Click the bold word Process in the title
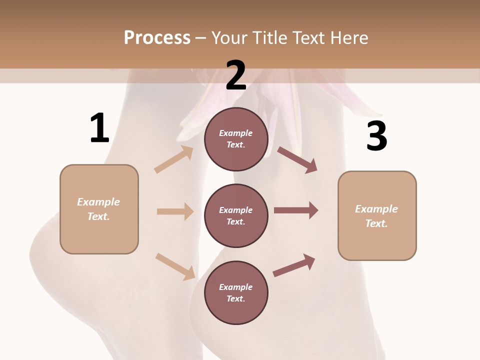pos(157,38)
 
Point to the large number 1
pos(99,128)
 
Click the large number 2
pos(236,75)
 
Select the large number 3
pos(376,136)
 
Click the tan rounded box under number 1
pos(99,209)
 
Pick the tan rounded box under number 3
pos(377,215)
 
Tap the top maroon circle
pos(236,139)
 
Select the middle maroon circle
pos(236,215)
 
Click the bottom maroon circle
pos(236,292)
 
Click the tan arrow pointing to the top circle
pos(174,159)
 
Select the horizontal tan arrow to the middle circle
pos(175,211)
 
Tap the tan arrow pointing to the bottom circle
pos(175,266)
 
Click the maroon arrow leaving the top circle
pos(297,159)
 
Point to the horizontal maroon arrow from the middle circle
pos(296,210)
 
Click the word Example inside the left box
pos(98,202)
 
